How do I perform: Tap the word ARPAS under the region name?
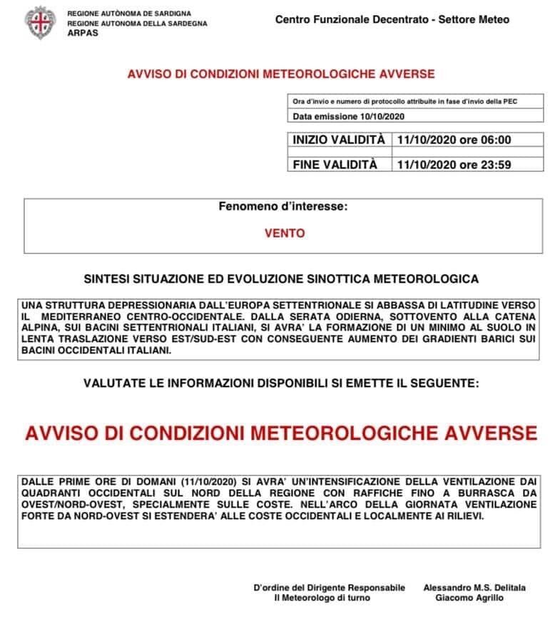click(x=81, y=32)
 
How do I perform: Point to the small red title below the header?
click(x=280, y=74)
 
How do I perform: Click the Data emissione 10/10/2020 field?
click(x=348, y=116)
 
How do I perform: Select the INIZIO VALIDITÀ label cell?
click(x=339, y=141)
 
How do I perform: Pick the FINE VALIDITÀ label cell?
click(x=335, y=164)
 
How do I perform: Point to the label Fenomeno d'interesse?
click(x=283, y=207)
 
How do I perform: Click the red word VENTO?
click(x=284, y=233)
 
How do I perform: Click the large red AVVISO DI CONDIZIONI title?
click(x=280, y=433)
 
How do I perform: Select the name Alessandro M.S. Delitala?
click(x=474, y=588)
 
